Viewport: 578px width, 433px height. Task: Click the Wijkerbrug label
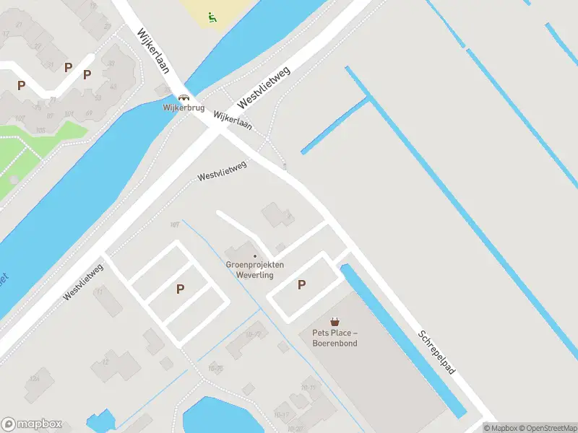click(x=184, y=108)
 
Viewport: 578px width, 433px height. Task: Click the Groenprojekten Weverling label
click(x=255, y=269)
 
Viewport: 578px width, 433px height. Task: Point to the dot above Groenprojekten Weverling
click(x=255, y=256)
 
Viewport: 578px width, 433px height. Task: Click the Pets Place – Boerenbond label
click(x=335, y=338)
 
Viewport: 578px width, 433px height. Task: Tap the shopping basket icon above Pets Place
click(x=335, y=322)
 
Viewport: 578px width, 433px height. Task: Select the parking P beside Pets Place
click(x=301, y=285)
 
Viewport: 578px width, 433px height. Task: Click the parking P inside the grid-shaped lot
click(x=180, y=289)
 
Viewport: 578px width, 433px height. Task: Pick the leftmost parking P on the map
click(x=22, y=85)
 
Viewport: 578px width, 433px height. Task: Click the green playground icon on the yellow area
click(x=212, y=17)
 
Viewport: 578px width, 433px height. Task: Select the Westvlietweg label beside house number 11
click(x=83, y=282)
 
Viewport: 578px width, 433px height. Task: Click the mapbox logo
click(x=32, y=424)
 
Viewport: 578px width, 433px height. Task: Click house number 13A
click(x=33, y=378)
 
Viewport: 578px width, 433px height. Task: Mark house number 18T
click(x=174, y=225)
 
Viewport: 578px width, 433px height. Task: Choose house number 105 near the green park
click(x=41, y=130)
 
